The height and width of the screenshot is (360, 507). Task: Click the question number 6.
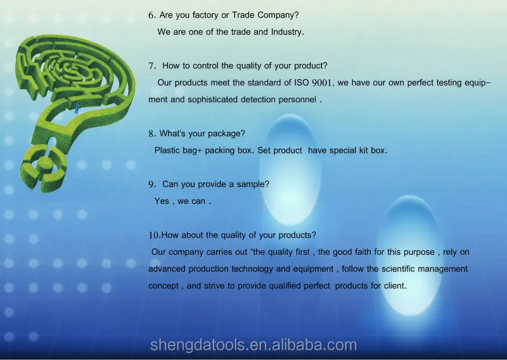click(x=151, y=15)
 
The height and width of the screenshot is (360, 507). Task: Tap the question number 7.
click(x=152, y=65)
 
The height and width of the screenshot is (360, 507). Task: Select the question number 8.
click(x=152, y=134)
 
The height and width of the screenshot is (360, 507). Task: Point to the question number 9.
click(x=152, y=184)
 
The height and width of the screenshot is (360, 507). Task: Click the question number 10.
click(x=155, y=235)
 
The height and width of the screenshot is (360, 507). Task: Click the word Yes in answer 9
click(x=162, y=201)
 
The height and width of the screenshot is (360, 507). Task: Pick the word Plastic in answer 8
click(x=168, y=150)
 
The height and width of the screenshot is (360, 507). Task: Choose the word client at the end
click(x=394, y=286)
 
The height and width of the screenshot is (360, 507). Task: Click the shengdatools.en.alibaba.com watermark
click(x=253, y=345)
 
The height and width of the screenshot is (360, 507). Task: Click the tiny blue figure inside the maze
click(x=77, y=108)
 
